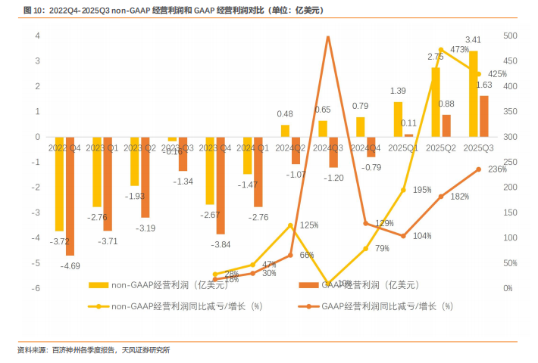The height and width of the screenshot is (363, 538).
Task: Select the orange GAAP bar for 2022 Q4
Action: [70, 196]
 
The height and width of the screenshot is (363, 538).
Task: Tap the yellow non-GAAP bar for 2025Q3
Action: [474, 94]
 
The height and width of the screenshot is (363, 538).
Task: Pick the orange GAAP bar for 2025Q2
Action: [446, 126]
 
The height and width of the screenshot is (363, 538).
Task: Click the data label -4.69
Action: [70, 266]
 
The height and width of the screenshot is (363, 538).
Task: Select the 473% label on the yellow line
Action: [460, 50]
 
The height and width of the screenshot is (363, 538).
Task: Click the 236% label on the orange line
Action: [497, 169]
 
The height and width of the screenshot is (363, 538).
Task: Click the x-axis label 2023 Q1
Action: [102, 147]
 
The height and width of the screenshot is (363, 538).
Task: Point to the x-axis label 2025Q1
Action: [402, 147]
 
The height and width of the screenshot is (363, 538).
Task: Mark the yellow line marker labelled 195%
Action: [403, 190]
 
